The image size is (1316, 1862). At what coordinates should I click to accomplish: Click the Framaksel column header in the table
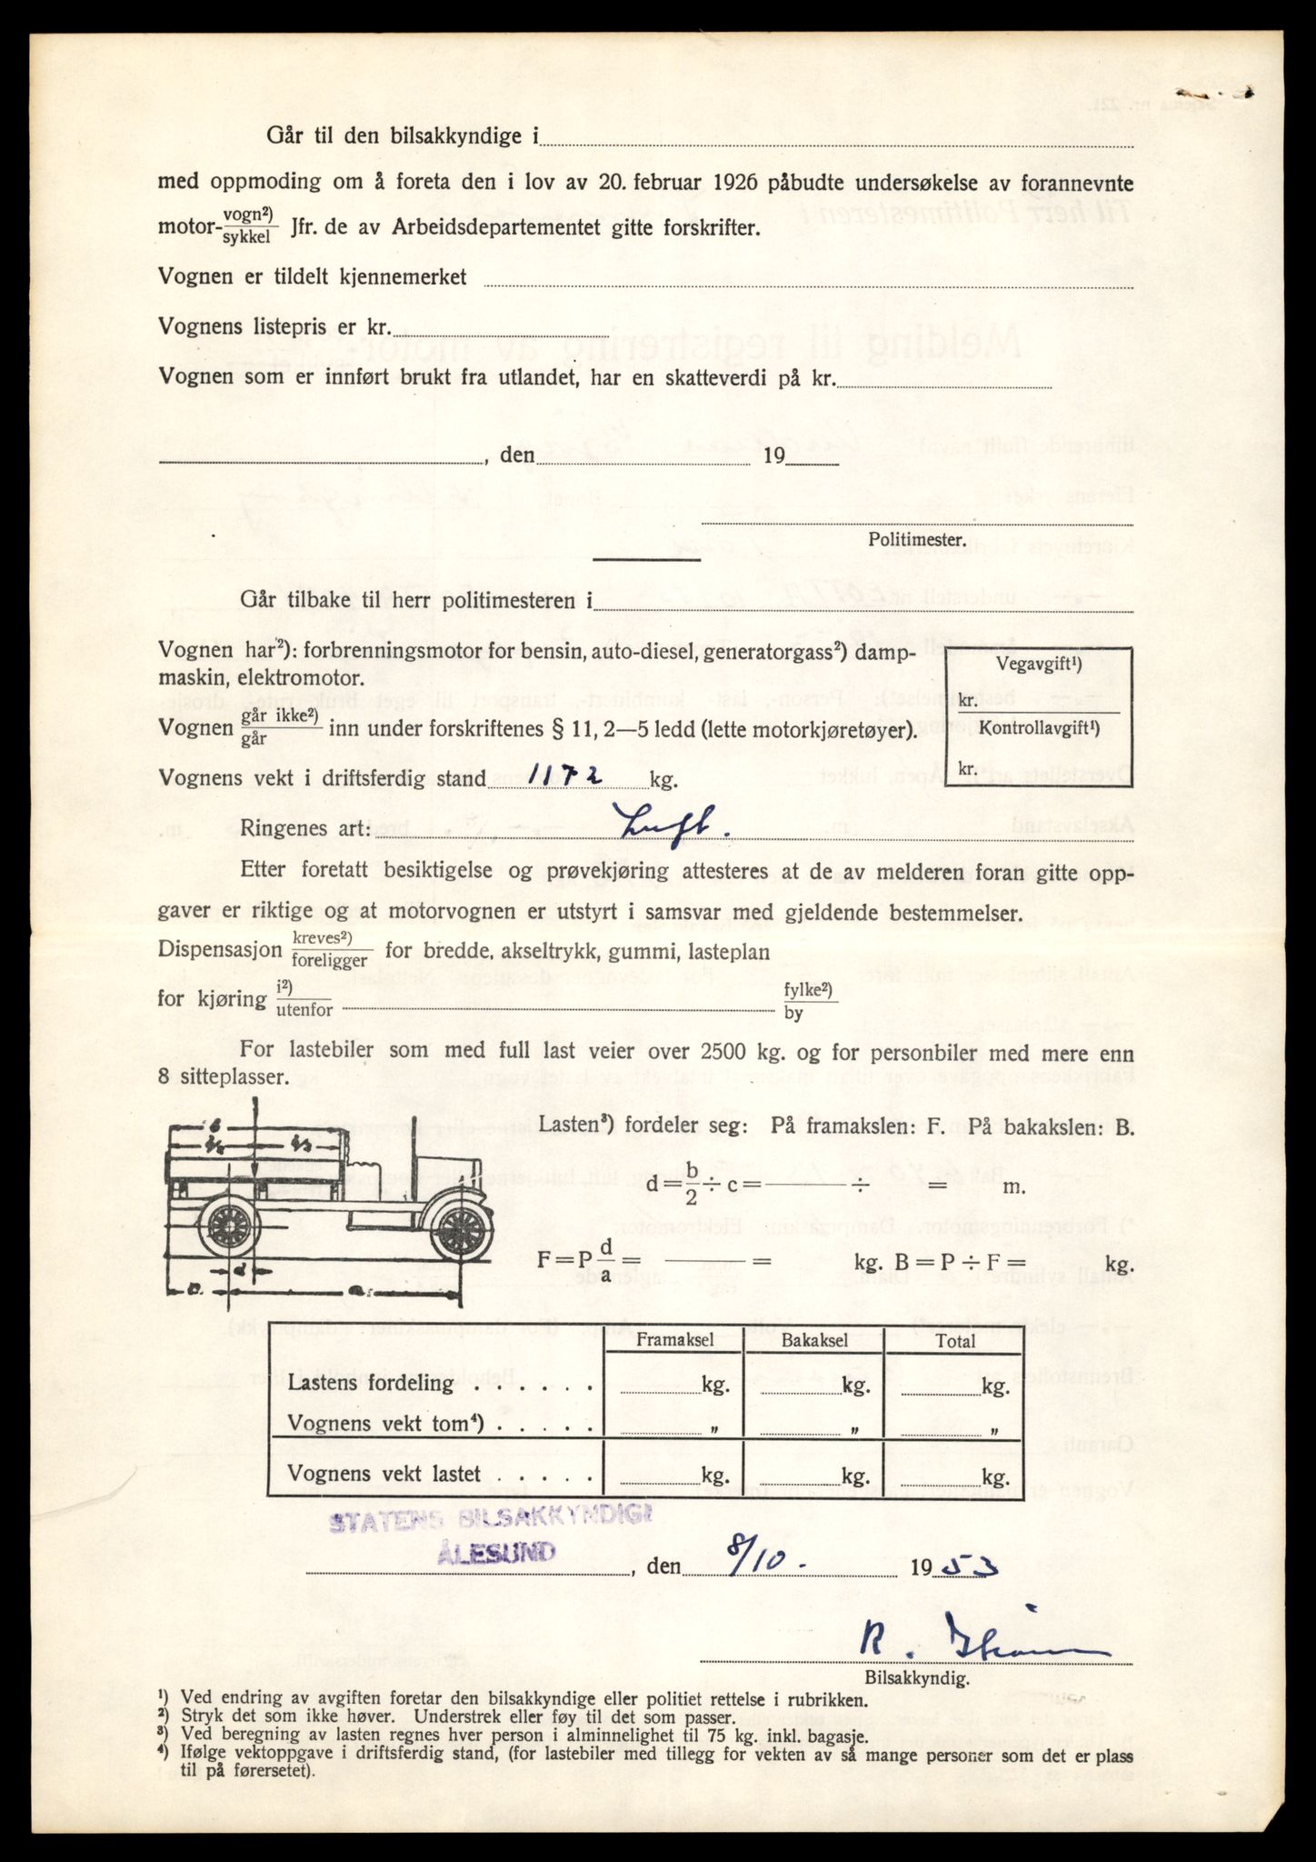(x=674, y=1340)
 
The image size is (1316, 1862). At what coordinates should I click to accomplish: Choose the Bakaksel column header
(x=813, y=1340)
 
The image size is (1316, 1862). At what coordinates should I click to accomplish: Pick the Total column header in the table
(x=955, y=1340)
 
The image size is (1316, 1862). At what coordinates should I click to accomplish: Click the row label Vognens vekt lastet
(x=384, y=1474)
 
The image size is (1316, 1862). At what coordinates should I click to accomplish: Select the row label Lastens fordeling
(x=371, y=1384)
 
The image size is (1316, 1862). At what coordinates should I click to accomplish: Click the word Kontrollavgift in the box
(x=1033, y=728)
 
